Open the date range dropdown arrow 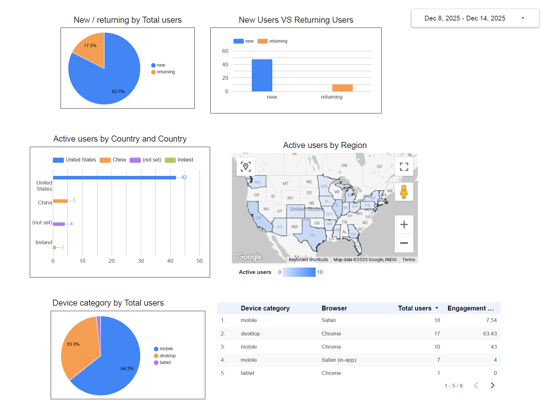click(523, 18)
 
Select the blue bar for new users click(262, 75)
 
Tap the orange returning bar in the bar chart click(342, 88)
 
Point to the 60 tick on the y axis click(225, 51)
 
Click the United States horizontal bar click(114, 178)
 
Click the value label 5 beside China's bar click(74, 201)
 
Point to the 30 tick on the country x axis click(141, 261)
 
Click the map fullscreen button click(404, 167)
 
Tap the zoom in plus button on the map click(404, 225)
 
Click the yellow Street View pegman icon click(404, 192)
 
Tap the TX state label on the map click(312, 236)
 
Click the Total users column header click(414, 308)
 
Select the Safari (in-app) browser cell click(339, 360)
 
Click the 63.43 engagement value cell click(490, 334)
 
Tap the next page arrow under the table click(492, 385)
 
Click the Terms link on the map click(408, 260)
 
